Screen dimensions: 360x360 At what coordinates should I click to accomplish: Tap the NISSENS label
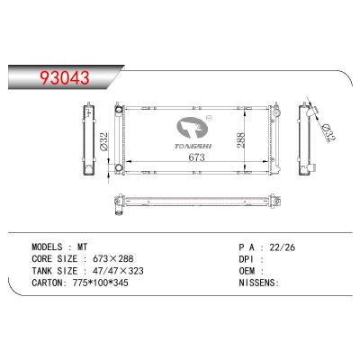coord(256,282)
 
